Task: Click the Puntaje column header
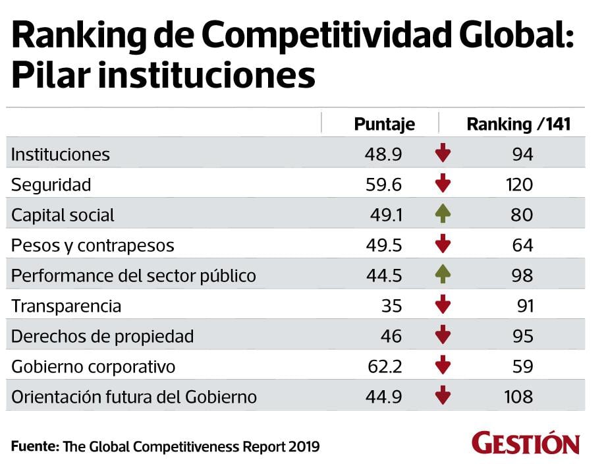[x=384, y=125]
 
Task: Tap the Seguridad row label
[x=51, y=185]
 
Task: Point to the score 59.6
[x=383, y=185]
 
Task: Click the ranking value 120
[x=519, y=185]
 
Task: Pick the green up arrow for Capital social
[x=443, y=215]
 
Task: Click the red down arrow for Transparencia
[x=443, y=306]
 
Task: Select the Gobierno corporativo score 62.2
[x=383, y=366]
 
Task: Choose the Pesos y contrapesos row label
[x=93, y=246]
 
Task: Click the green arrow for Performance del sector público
[x=443, y=275]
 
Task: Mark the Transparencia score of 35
[x=391, y=306]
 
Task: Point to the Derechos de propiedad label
[x=103, y=337]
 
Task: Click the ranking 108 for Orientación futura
[x=519, y=397]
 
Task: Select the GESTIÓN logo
[x=526, y=444]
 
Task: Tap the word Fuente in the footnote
[x=34, y=446]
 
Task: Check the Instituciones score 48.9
[x=383, y=155]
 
